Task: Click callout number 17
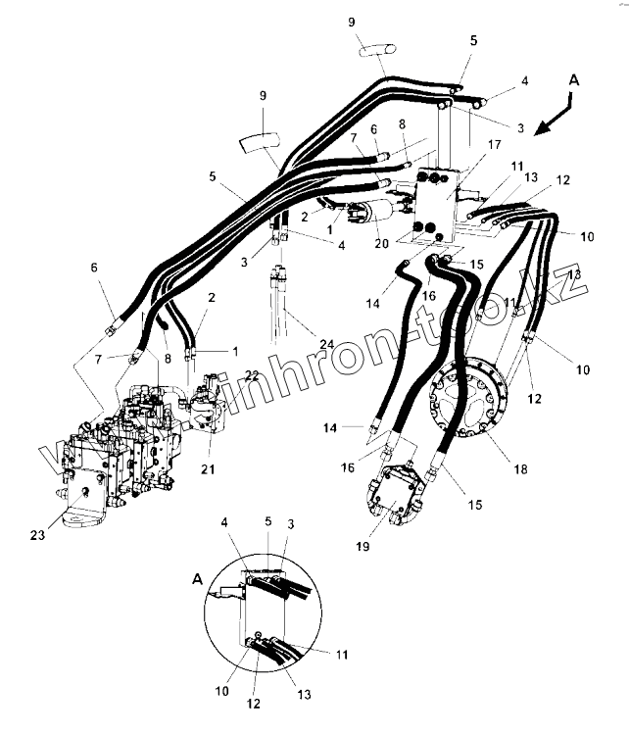(x=494, y=145)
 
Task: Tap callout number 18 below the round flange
(x=520, y=469)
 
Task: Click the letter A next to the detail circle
(x=196, y=580)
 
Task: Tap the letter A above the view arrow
(x=574, y=81)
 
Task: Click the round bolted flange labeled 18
(x=469, y=404)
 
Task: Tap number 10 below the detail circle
(x=222, y=691)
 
